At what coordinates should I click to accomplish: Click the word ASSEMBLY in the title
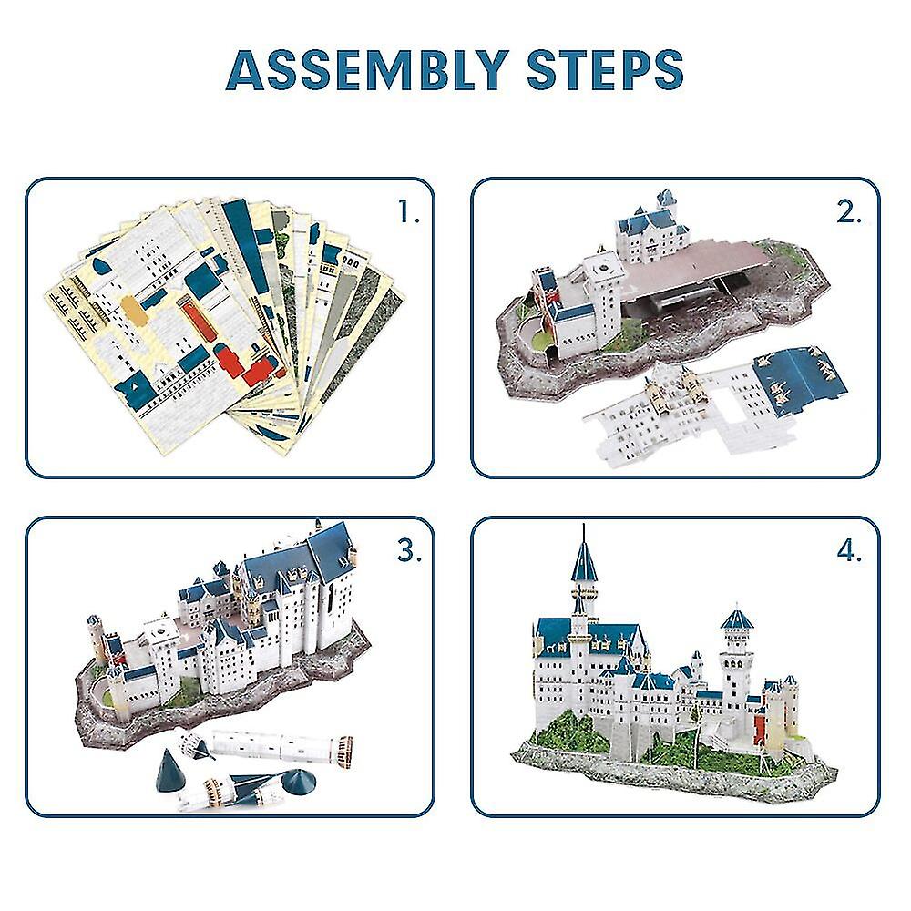click(x=367, y=70)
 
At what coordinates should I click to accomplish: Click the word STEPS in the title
click(x=605, y=70)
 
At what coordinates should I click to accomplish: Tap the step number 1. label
click(x=409, y=212)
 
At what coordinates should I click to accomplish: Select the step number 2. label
click(x=849, y=212)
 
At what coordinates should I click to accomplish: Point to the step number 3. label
click(x=409, y=550)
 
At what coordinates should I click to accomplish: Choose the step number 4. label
click(x=849, y=550)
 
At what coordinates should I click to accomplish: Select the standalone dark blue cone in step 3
click(x=169, y=768)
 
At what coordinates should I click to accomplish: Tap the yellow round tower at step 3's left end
click(x=94, y=638)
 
